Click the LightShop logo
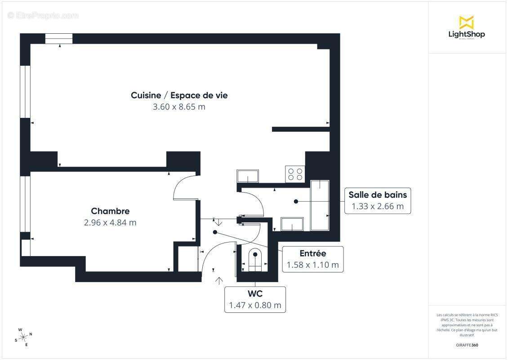tap(466, 28)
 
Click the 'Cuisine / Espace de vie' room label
tap(179, 95)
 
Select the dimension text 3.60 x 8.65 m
tap(179, 107)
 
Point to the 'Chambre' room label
tap(110, 211)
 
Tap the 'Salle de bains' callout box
tap(377, 201)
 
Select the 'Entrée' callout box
tap(312, 259)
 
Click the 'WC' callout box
tap(255, 299)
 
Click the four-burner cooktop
tap(295, 174)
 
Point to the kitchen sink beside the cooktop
tap(248, 176)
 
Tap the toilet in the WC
tap(255, 260)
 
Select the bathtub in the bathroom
tap(320, 205)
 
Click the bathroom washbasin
tap(292, 224)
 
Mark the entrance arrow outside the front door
tap(219, 281)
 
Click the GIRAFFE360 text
tap(467, 345)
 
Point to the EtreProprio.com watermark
tap(43, 16)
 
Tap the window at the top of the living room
tap(59, 39)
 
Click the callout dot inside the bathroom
tap(296, 201)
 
